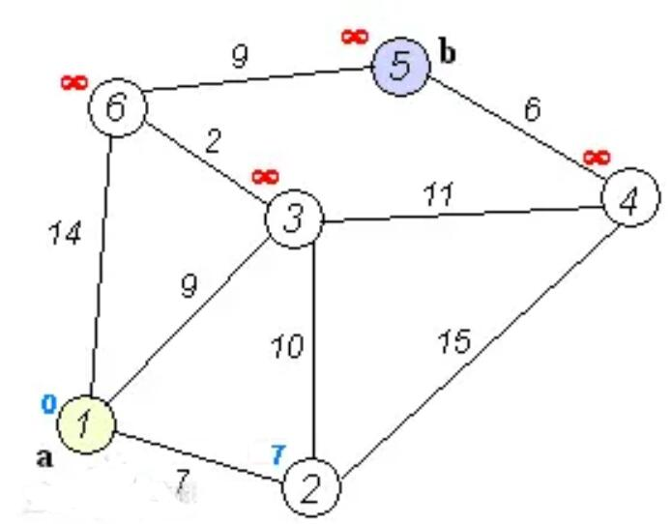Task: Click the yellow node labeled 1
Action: point(85,423)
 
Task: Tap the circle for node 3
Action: point(295,218)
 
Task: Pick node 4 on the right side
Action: point(630,200)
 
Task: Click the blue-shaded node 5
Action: point(401,67)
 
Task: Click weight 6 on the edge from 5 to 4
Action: point(532,108)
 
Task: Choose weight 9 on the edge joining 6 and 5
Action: point(240,56)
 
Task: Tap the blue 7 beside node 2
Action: point(278,451)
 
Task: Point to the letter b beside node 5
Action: point(447,52)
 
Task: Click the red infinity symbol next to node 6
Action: point(73,82)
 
